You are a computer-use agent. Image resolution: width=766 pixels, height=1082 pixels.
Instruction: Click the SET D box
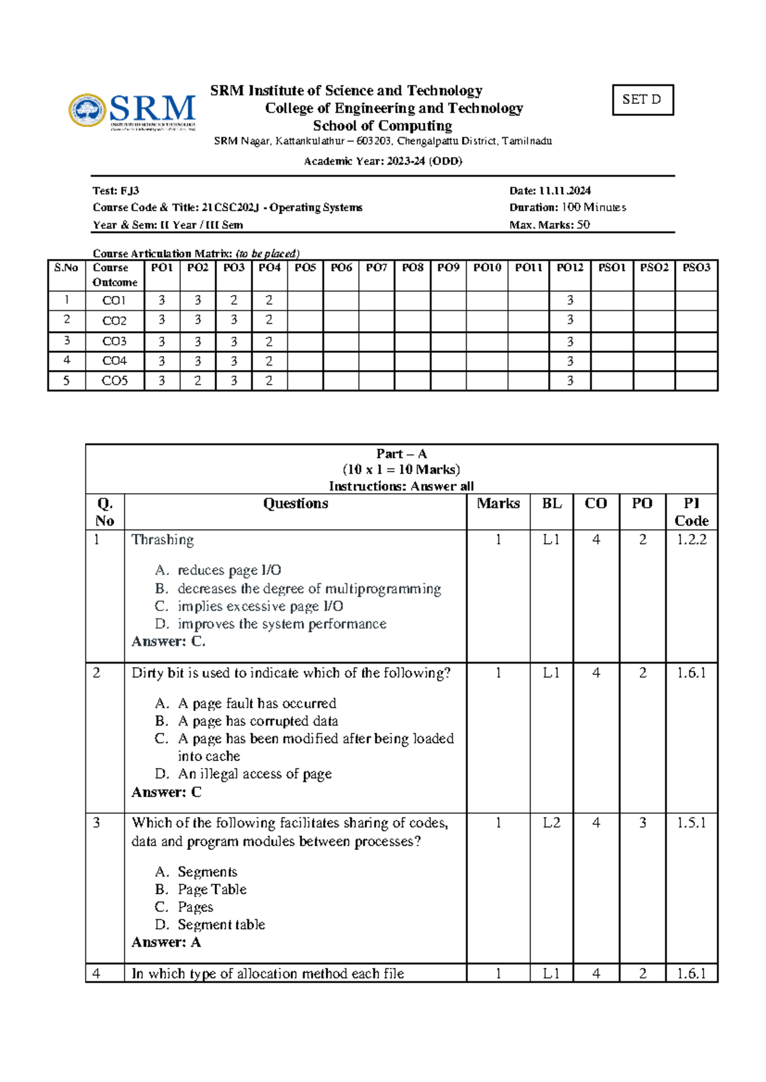[x=642, y=100]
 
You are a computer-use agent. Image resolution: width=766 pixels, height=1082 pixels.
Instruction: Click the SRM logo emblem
[x=87, y=110]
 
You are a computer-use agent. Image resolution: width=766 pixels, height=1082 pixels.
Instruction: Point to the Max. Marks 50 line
[x=549, y=225]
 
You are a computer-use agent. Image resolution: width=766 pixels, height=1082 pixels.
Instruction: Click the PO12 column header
[x=569, y=268]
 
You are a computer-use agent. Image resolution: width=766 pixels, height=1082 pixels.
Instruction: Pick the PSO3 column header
[x=696, y=268]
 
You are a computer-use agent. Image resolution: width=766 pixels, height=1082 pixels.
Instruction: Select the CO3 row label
[x=114, y=341]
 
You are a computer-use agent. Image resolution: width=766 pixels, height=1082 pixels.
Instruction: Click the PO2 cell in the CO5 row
[x=197, y=381]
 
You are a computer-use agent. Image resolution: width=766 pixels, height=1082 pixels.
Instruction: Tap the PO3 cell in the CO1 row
[x=234, y=300]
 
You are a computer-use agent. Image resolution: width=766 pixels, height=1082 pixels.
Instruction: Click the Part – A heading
[x=402, y=454]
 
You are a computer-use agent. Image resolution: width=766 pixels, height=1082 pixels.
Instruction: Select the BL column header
[x=552, y=503]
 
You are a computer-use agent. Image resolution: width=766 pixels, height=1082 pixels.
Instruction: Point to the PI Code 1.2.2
[x=691, y=540]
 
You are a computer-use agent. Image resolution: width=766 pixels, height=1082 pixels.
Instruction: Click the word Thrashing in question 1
[x=162, y=540]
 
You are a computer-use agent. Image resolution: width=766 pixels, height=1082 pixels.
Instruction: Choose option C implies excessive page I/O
[x=260, y=606]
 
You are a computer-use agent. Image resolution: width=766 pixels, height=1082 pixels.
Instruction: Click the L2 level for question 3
[x=552, y=823]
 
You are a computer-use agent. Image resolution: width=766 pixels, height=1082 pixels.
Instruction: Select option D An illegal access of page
[x=254, y=774]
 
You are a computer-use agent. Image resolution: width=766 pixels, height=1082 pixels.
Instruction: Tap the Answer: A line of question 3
[x=166, y=942]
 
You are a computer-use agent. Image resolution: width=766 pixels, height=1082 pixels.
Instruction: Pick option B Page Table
[x=211, y=889]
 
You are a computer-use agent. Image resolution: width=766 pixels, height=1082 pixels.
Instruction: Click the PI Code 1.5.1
[x=691, y=823]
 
